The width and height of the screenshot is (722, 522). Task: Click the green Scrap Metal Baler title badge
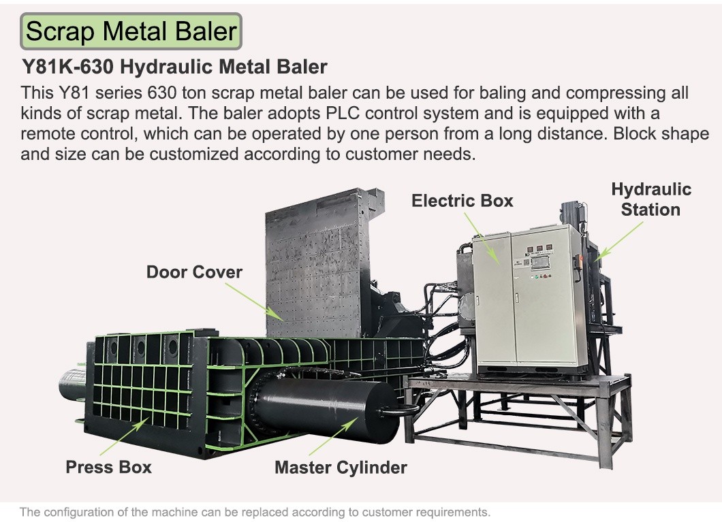(131, 31)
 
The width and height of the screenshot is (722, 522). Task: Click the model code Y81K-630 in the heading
(67, 67)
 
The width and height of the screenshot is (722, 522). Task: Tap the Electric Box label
(462, 201)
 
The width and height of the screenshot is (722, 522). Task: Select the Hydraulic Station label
(651, 199)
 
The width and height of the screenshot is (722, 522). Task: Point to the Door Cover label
(194, 272)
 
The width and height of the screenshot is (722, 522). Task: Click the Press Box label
(109, 467)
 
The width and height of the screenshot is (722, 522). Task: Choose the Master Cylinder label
(341, 468)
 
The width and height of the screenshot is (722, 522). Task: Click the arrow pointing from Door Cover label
(253, 301)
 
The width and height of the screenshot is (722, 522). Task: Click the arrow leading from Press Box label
(125, 436)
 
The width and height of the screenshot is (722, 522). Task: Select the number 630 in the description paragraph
(161, 93)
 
